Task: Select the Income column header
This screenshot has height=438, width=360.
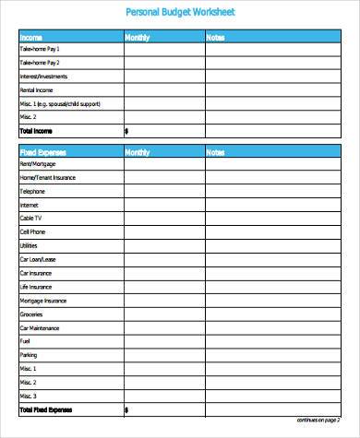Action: pyautogui.click(x=30, y=38)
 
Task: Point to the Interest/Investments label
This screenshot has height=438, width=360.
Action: pyautogui.click(x=42, y=77)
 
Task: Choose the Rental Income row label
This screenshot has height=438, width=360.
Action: pyautogui.click(x=36, y=90)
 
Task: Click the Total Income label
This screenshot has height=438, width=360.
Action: pyautogui.click(x=36, y=131)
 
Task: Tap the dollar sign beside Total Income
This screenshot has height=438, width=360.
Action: pyautogui.click(x=126, y=131)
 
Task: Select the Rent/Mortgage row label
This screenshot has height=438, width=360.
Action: pyautogui.click(x=37, y=163)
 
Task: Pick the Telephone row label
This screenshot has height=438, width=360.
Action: pyautogui.click(x=32, y=191)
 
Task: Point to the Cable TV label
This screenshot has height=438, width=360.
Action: pyautogui.click(x=30, y=219)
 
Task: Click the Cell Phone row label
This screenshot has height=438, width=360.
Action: pyautogui.click(x=32, y=232)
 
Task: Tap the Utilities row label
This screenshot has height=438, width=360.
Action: pyautogui.click(x=30, y=246)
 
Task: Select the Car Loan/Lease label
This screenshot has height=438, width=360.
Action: pyautogui.click(x=38, y=260)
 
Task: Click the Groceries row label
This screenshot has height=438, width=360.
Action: pyautogui.click(x=31, y=314)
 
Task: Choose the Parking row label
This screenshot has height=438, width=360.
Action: pyautogui.click(x=29, y=354)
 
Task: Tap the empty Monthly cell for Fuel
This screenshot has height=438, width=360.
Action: pyautogui.click(x=163, y=341)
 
